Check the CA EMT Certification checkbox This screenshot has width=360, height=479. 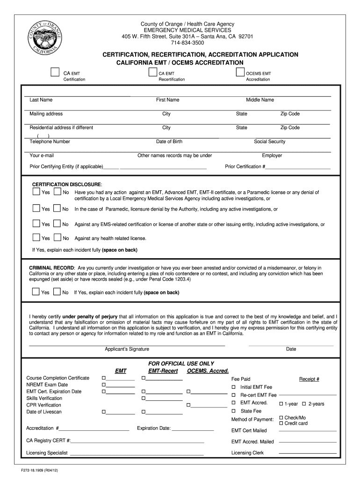(55, 73)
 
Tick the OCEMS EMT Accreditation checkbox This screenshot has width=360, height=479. (240, 72)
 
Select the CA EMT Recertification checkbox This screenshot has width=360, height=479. (152, 72)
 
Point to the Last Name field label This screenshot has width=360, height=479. (41, 100)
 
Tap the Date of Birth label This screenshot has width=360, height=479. (169, 141)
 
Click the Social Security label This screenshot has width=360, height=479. (269, 141)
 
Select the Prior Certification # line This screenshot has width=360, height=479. (298, 167)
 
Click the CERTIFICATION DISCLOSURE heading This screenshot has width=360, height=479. (66, 184)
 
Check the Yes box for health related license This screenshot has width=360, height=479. (36, 238)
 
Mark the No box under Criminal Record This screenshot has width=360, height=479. (57, 292)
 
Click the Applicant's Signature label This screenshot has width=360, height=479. (127, 349)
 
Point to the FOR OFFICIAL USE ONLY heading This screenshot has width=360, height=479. (181, 363)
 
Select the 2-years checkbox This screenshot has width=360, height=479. (303, 404)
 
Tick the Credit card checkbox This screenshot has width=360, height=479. (281, 423)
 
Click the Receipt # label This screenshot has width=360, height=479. (309, 379)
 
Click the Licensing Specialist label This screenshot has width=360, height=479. (47, 453)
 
